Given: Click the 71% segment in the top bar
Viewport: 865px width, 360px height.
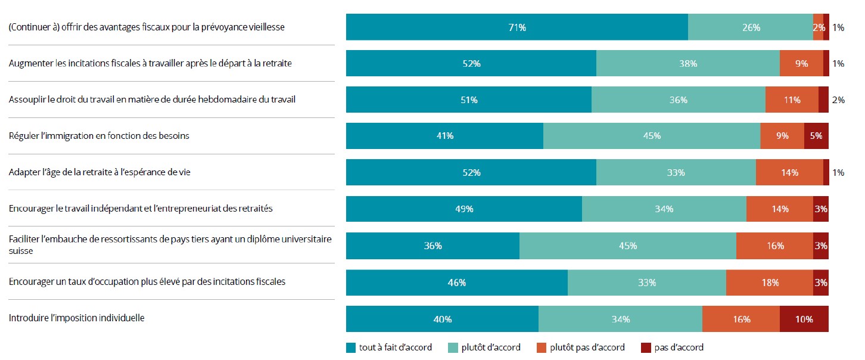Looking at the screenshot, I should coord(516,27).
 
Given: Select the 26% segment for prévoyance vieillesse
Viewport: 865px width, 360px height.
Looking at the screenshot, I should coord(750,27).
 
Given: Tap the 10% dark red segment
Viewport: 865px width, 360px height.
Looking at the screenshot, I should coord(804,319).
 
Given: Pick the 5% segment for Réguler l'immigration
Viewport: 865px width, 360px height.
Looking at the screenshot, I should coord(816,136).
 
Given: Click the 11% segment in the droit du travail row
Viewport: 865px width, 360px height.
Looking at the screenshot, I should coord(792,100).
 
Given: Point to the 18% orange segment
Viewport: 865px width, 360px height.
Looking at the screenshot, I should coord(769,283).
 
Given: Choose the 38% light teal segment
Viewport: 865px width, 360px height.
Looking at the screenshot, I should coord(687,64).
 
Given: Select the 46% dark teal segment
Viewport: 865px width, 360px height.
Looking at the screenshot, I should coord(456,283).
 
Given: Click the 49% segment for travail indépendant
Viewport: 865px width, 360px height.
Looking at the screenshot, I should coord(463,209).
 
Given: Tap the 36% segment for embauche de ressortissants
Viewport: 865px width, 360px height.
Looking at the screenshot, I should coord(432,246).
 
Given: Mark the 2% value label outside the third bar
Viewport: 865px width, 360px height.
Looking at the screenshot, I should coord(838,100).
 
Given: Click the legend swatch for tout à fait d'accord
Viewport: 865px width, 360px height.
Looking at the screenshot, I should coord(351,347).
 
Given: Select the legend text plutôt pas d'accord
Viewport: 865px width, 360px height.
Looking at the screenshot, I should coord(587,347).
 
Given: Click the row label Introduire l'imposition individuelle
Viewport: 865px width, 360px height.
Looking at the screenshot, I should coord(77,318).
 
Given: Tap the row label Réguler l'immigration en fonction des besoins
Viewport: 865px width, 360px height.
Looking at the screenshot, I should coord(99,135).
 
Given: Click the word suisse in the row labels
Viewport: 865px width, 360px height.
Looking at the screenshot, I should coord(21,251).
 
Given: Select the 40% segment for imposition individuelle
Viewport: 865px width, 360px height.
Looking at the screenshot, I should coord(442,319).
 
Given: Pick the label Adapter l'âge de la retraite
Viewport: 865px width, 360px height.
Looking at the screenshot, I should coord(99,172).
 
